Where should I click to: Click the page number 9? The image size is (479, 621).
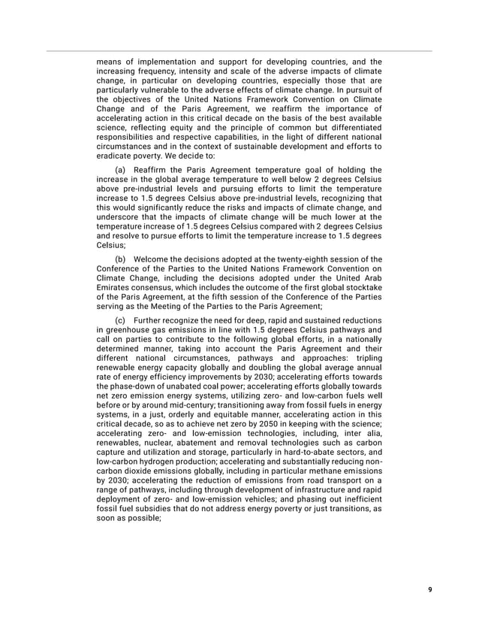(x=430, y=589)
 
